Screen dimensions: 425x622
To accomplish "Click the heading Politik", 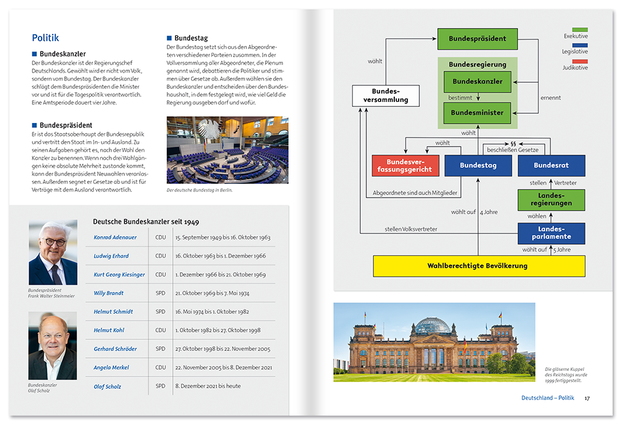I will click(45, 38).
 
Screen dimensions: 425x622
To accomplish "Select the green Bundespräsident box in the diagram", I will click(477, 39).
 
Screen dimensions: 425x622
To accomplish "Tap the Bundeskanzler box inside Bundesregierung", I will click(477, 81).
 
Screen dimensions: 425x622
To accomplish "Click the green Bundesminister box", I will click(477, 112).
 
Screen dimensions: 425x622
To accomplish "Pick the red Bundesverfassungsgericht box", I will click(405, 165).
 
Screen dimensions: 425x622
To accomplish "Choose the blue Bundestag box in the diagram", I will click(477, 165).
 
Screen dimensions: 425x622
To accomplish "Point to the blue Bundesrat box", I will click(551, 165).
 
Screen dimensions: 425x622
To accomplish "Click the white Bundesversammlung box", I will click(386, 96).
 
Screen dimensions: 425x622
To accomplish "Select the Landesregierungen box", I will click(551, 200).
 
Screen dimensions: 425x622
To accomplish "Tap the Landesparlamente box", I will click(551, 233).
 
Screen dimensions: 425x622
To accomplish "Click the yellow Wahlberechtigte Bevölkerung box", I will click(478, 266).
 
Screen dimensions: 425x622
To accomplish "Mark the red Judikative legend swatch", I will click(579, 61).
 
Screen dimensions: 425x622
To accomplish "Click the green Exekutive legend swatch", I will click(579, 29).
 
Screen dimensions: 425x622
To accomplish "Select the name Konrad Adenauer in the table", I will click(115, 237).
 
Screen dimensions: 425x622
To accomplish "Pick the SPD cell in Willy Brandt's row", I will click(160, 293).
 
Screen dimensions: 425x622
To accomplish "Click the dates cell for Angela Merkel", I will click(223, 367).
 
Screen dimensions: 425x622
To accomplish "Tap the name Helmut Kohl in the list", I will click(109, 330).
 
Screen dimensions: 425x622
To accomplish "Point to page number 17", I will click(587, 398).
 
